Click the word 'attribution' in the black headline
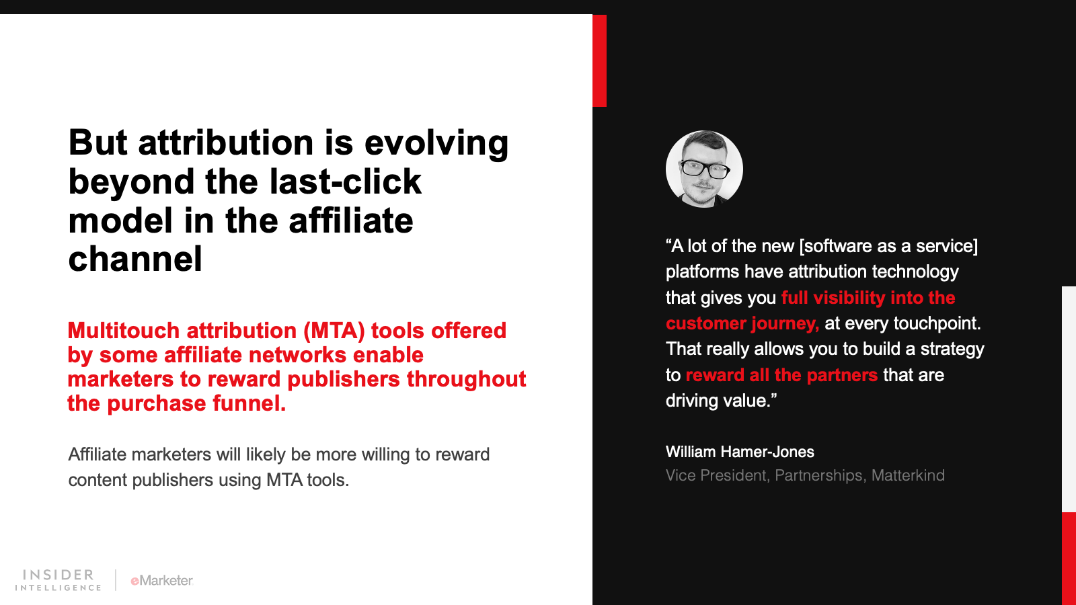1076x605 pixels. pos(226,143)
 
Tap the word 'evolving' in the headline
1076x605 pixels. pos(436,144)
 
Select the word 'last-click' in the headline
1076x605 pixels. pos(346,182)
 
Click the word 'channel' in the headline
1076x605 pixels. pos(135,259)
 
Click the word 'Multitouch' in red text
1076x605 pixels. pos(124,330)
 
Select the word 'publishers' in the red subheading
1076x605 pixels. pos(344,379)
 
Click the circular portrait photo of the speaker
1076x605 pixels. pos(704,169)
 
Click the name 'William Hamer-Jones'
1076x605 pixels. pos(740,452)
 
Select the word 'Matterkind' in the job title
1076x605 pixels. pos(908,475)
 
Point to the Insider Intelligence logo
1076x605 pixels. pos(58,580)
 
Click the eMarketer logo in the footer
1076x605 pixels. pos(162,581)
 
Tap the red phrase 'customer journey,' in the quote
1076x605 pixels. pos(742,323)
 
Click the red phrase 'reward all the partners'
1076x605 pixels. pos(781,375)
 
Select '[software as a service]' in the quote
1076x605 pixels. pos(888,246)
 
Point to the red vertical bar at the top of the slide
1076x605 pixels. pos(599,61)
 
